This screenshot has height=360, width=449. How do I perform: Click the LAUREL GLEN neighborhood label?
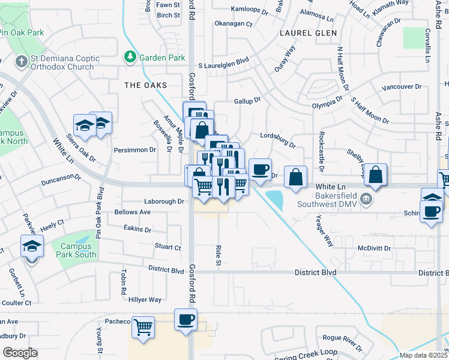[308, 32]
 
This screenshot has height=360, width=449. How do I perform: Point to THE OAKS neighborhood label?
[145, 85]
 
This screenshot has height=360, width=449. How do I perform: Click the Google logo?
[20, 353]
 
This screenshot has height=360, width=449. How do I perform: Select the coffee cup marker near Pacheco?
[185, 319]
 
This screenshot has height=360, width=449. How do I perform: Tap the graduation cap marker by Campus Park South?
[32, 247]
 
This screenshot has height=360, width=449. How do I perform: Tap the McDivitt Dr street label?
[374, 248]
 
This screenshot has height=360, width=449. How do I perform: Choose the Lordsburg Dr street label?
[278, 140]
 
